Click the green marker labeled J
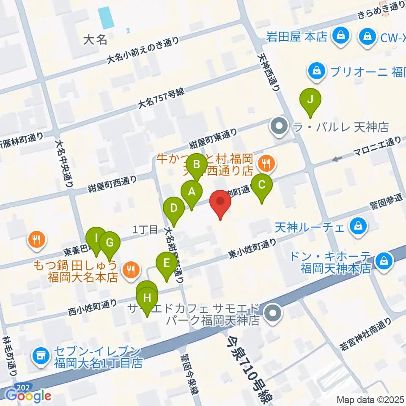click(x=310, y=100)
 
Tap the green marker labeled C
click(x=262, y=185)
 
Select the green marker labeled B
click(x=196, y=164)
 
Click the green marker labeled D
click(x=173, y=208)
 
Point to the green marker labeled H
click(x=147, y=298)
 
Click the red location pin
click(x=220, y=200)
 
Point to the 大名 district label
click(x=95, y=40)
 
